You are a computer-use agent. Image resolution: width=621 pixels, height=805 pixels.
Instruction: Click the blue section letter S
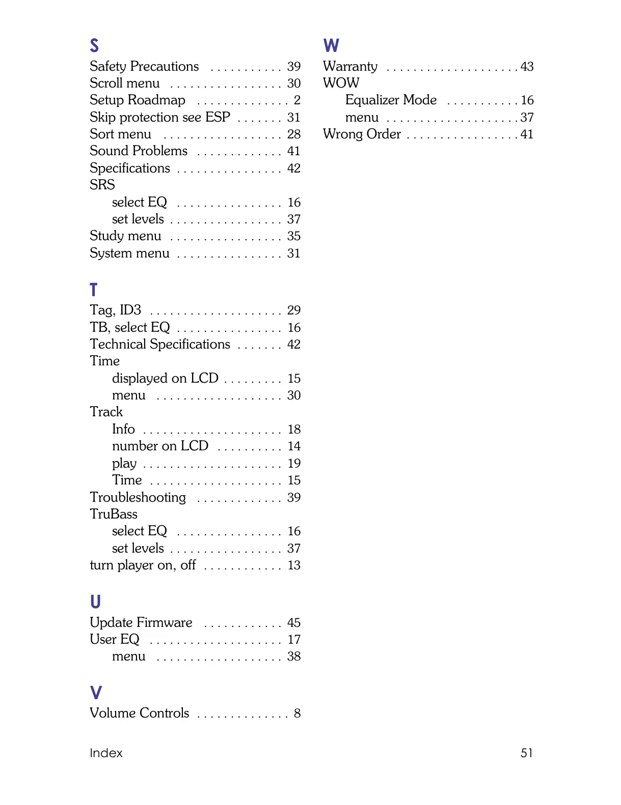[x=94, y=46]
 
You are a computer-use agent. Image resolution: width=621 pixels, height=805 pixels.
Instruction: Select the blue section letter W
[x=331, y=46]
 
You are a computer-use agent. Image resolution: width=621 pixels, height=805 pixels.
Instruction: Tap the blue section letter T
[x=93, y=290]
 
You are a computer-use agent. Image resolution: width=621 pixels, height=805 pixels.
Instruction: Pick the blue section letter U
[x=95, y=602]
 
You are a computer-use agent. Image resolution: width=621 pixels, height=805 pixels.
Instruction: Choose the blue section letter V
[x=96, y=693]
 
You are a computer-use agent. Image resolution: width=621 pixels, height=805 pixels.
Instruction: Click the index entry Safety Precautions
[x=144, y=67]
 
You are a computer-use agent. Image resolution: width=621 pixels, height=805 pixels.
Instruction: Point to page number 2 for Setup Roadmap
[x=297, y=100]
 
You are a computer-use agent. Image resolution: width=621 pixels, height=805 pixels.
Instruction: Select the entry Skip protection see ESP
[x=160, y=118]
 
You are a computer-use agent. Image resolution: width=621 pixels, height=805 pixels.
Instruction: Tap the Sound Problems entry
[x=139, y=151]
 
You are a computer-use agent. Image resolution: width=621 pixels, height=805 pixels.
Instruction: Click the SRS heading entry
[x=102, y=185]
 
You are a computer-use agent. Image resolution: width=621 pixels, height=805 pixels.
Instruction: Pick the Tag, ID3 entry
[x=116, y=310]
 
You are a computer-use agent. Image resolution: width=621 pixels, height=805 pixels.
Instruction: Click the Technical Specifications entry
[x=160, y=344]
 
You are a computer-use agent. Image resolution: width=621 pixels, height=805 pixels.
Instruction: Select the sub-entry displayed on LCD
[x=165, y=379]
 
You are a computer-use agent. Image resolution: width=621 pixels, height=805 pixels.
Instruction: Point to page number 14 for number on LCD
[x=294, y=446]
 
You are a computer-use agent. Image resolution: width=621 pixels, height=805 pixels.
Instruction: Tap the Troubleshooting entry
[x=138, y=497]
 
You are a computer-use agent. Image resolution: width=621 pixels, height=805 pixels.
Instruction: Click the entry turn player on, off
[x=143, y=565]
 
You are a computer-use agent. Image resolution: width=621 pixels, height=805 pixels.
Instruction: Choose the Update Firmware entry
[x=141, y=623]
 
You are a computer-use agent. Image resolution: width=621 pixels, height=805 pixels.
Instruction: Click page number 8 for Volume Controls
[x=297, y=713]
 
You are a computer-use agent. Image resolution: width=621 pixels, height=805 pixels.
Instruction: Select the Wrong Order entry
[x=362, y=134]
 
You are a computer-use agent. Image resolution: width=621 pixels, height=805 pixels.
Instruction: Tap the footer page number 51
[x=526, y=753]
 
